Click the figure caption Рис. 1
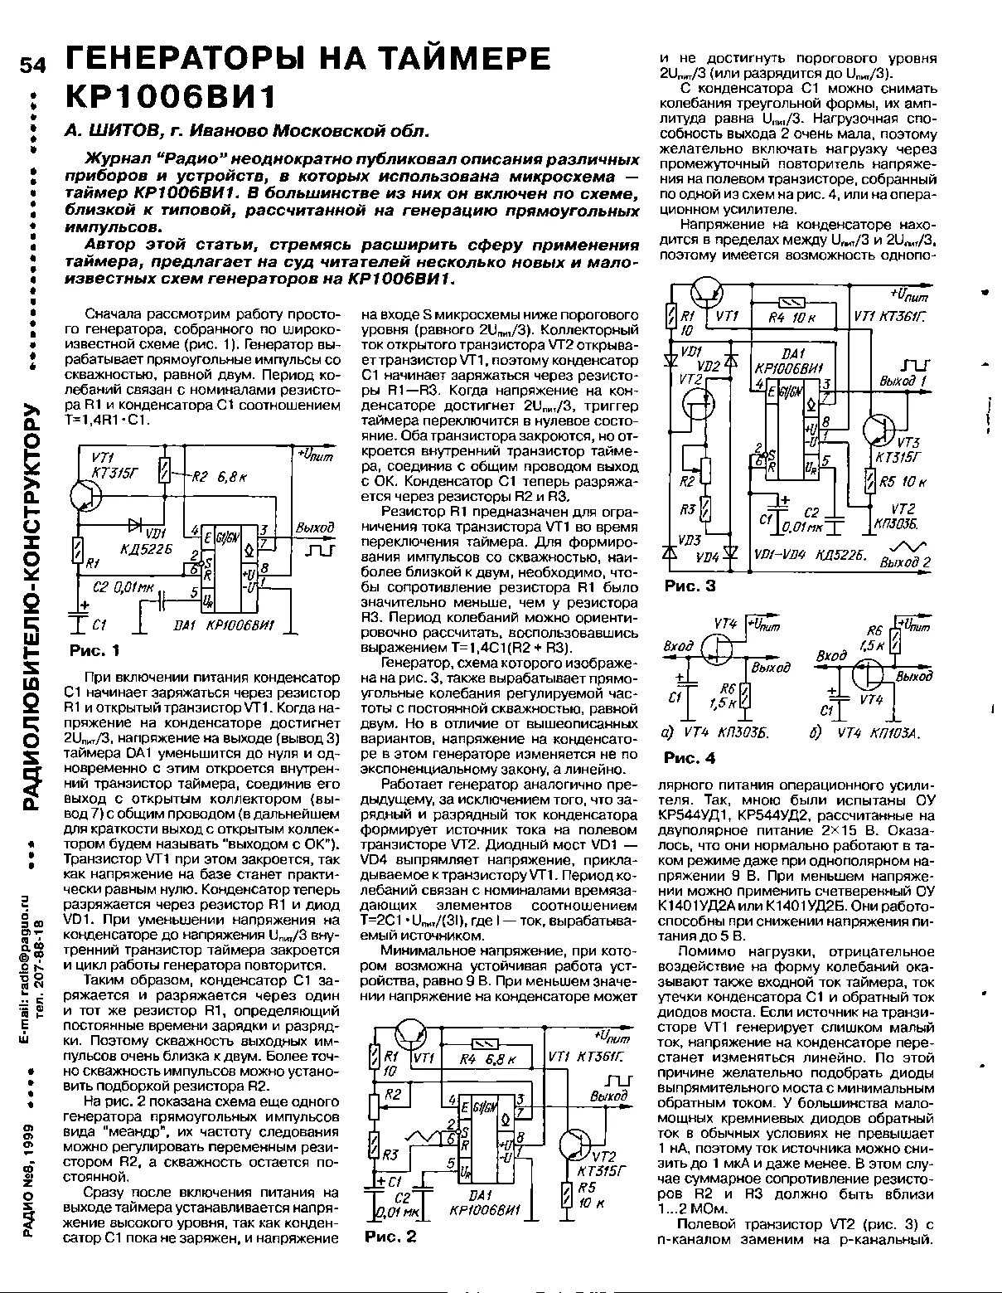pos(92,649)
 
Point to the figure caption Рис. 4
pos(690,758)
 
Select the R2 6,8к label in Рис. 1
pos(214,477)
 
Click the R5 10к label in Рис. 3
pos(903,482)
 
